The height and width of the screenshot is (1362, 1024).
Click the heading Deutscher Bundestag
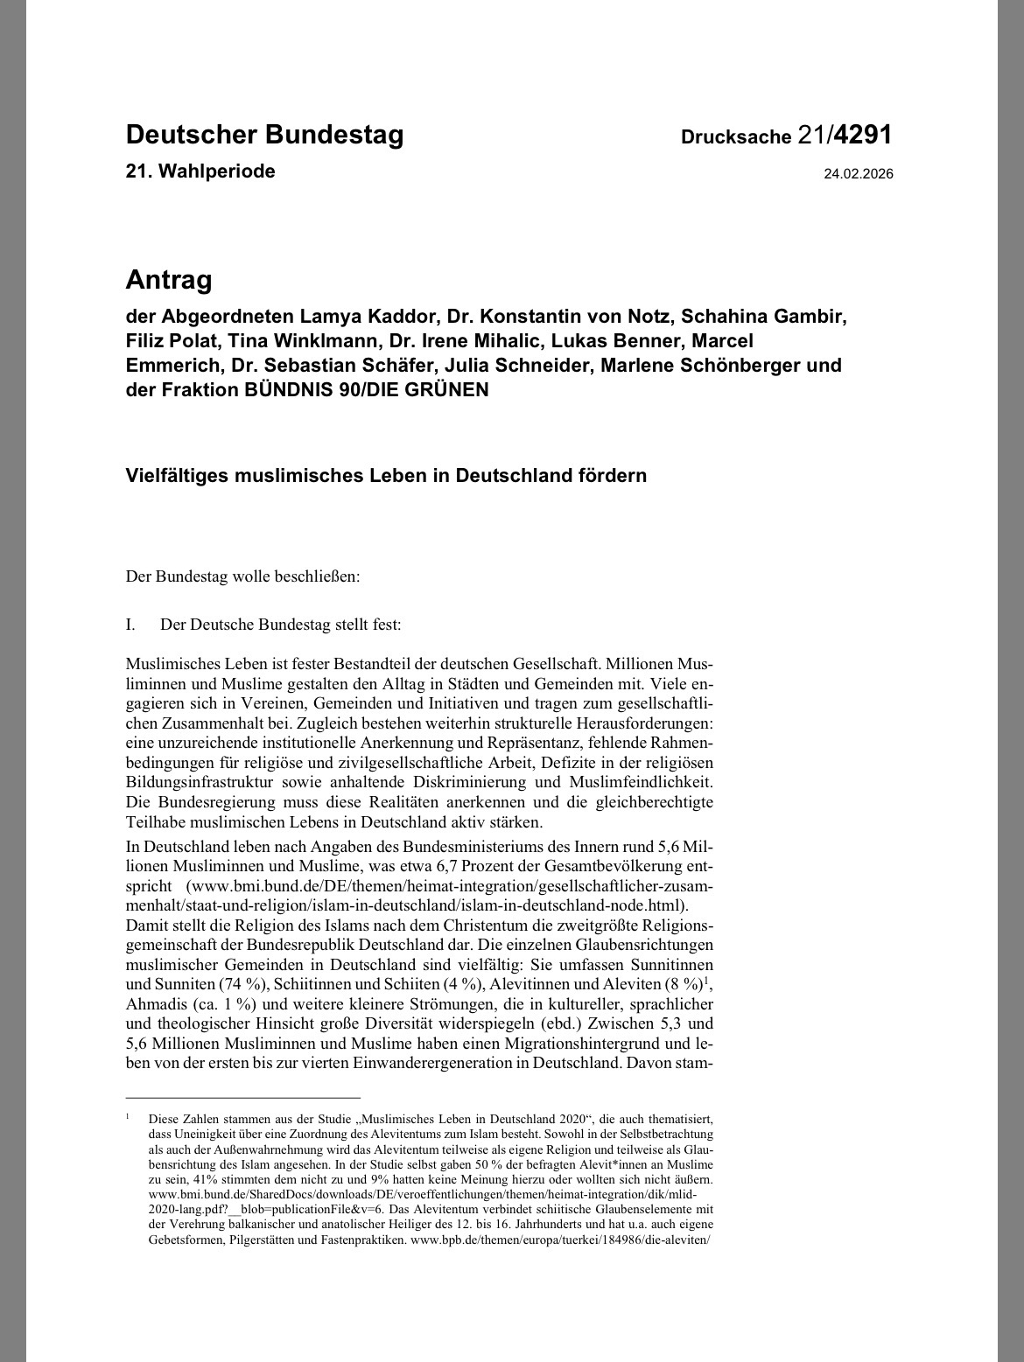(x=264, y=135)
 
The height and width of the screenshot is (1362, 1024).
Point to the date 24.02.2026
(x=858, y=174)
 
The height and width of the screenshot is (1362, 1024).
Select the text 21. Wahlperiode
(x=200, y=171)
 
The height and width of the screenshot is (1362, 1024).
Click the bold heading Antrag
(x=169, y=280)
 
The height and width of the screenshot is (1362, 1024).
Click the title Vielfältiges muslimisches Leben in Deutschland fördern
(x=386, y=476)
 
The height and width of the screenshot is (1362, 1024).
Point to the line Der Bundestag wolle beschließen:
(x=243, y=576)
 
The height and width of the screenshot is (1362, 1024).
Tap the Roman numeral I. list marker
(x=131, y=625)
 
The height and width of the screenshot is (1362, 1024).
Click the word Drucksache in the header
(x=735, y=137)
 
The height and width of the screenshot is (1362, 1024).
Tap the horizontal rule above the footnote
(x=243, y=1097)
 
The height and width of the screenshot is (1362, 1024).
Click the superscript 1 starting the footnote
(x=128, y=1116)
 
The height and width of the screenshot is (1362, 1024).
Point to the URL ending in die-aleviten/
(x=559, y=1240)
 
